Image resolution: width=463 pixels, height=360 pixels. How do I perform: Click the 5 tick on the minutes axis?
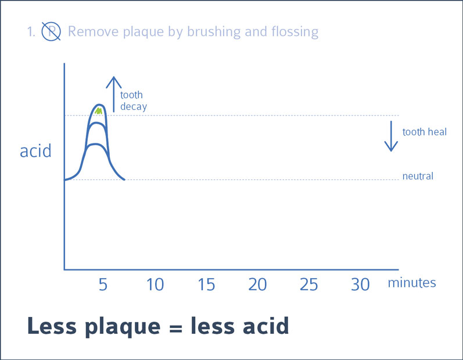tap(103, 285)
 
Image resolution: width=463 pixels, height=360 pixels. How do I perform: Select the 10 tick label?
tap(155, 285)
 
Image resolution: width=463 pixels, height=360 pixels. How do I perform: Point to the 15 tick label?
tap(206, 285)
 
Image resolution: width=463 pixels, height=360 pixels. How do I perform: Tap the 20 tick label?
tap(257, 285)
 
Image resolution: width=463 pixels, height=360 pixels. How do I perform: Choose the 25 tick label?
tap(309, 285)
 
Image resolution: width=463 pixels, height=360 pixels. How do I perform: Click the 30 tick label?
tap(360, 285)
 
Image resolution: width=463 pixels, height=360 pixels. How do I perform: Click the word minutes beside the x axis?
tap(412, 283)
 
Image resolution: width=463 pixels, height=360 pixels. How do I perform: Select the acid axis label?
tap(35, 150)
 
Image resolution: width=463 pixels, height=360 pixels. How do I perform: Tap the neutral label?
tap(418, 176)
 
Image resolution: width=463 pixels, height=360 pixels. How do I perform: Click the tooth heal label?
tap(425, 132)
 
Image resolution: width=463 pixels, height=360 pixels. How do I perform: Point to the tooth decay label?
tap(134, 101)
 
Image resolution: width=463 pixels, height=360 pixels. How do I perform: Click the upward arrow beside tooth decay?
tap(114, 95)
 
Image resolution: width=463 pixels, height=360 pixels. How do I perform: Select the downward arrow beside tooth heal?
tap(391, 136)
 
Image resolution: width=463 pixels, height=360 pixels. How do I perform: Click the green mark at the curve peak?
tap(99, 111)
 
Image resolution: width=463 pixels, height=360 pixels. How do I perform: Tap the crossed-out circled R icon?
tap(51, 31)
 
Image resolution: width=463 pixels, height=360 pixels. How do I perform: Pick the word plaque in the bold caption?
tap(123, 327)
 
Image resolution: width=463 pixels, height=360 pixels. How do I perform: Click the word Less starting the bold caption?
tap(52, 326)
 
